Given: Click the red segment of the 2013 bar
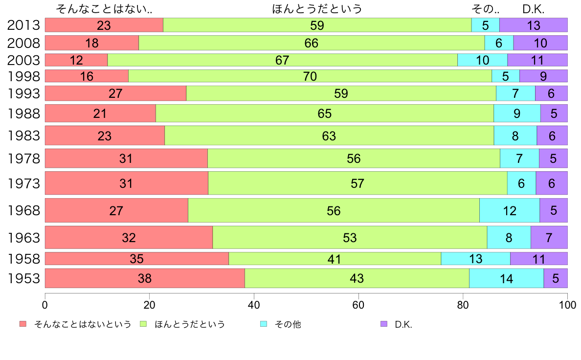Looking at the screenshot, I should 104,25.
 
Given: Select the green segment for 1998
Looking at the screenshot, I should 310,76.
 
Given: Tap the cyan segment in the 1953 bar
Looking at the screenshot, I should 506,278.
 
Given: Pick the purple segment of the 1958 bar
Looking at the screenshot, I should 538,259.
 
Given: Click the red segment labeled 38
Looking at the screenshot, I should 145,278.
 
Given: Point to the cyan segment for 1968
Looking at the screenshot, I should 509,211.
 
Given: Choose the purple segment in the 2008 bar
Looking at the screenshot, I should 540,43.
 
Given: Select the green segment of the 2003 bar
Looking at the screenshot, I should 282,60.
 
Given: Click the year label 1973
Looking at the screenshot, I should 23,184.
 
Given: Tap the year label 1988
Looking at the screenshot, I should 23,113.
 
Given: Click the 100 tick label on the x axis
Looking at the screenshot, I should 567,304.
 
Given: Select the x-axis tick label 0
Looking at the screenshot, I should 45,304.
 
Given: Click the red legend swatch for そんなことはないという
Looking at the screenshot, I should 22,324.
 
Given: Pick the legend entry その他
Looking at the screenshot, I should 287,324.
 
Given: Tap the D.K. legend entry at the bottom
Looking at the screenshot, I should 403,324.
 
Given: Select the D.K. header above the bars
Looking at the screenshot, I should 533,9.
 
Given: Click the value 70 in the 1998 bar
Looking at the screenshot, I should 310,76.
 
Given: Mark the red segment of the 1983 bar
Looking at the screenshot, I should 105,135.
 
